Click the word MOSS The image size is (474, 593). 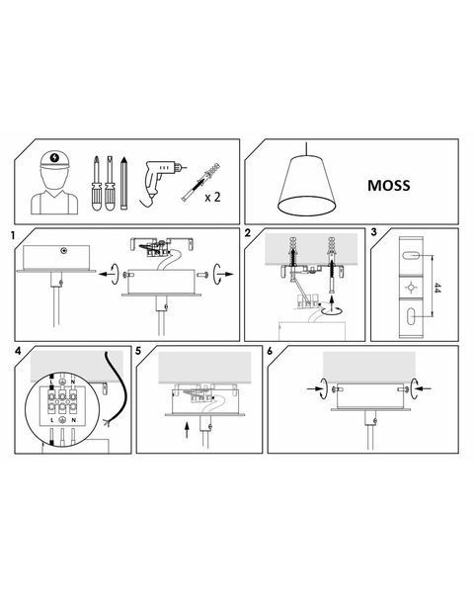388,186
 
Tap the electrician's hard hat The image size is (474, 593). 55,160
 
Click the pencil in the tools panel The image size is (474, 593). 123,183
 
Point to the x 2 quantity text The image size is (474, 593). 212,197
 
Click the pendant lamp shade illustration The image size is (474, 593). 307,185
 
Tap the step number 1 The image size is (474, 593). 13,236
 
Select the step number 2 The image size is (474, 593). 248,233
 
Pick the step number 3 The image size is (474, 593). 374,232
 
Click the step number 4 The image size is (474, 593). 18,351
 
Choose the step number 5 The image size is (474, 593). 138,351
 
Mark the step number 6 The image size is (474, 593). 270,351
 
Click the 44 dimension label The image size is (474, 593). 437,288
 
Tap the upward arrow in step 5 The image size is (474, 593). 187,430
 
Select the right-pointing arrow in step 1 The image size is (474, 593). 227,274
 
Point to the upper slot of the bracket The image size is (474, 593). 411,256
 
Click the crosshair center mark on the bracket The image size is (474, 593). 411,288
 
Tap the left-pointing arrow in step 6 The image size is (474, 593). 424,388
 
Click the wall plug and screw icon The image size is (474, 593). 200,182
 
